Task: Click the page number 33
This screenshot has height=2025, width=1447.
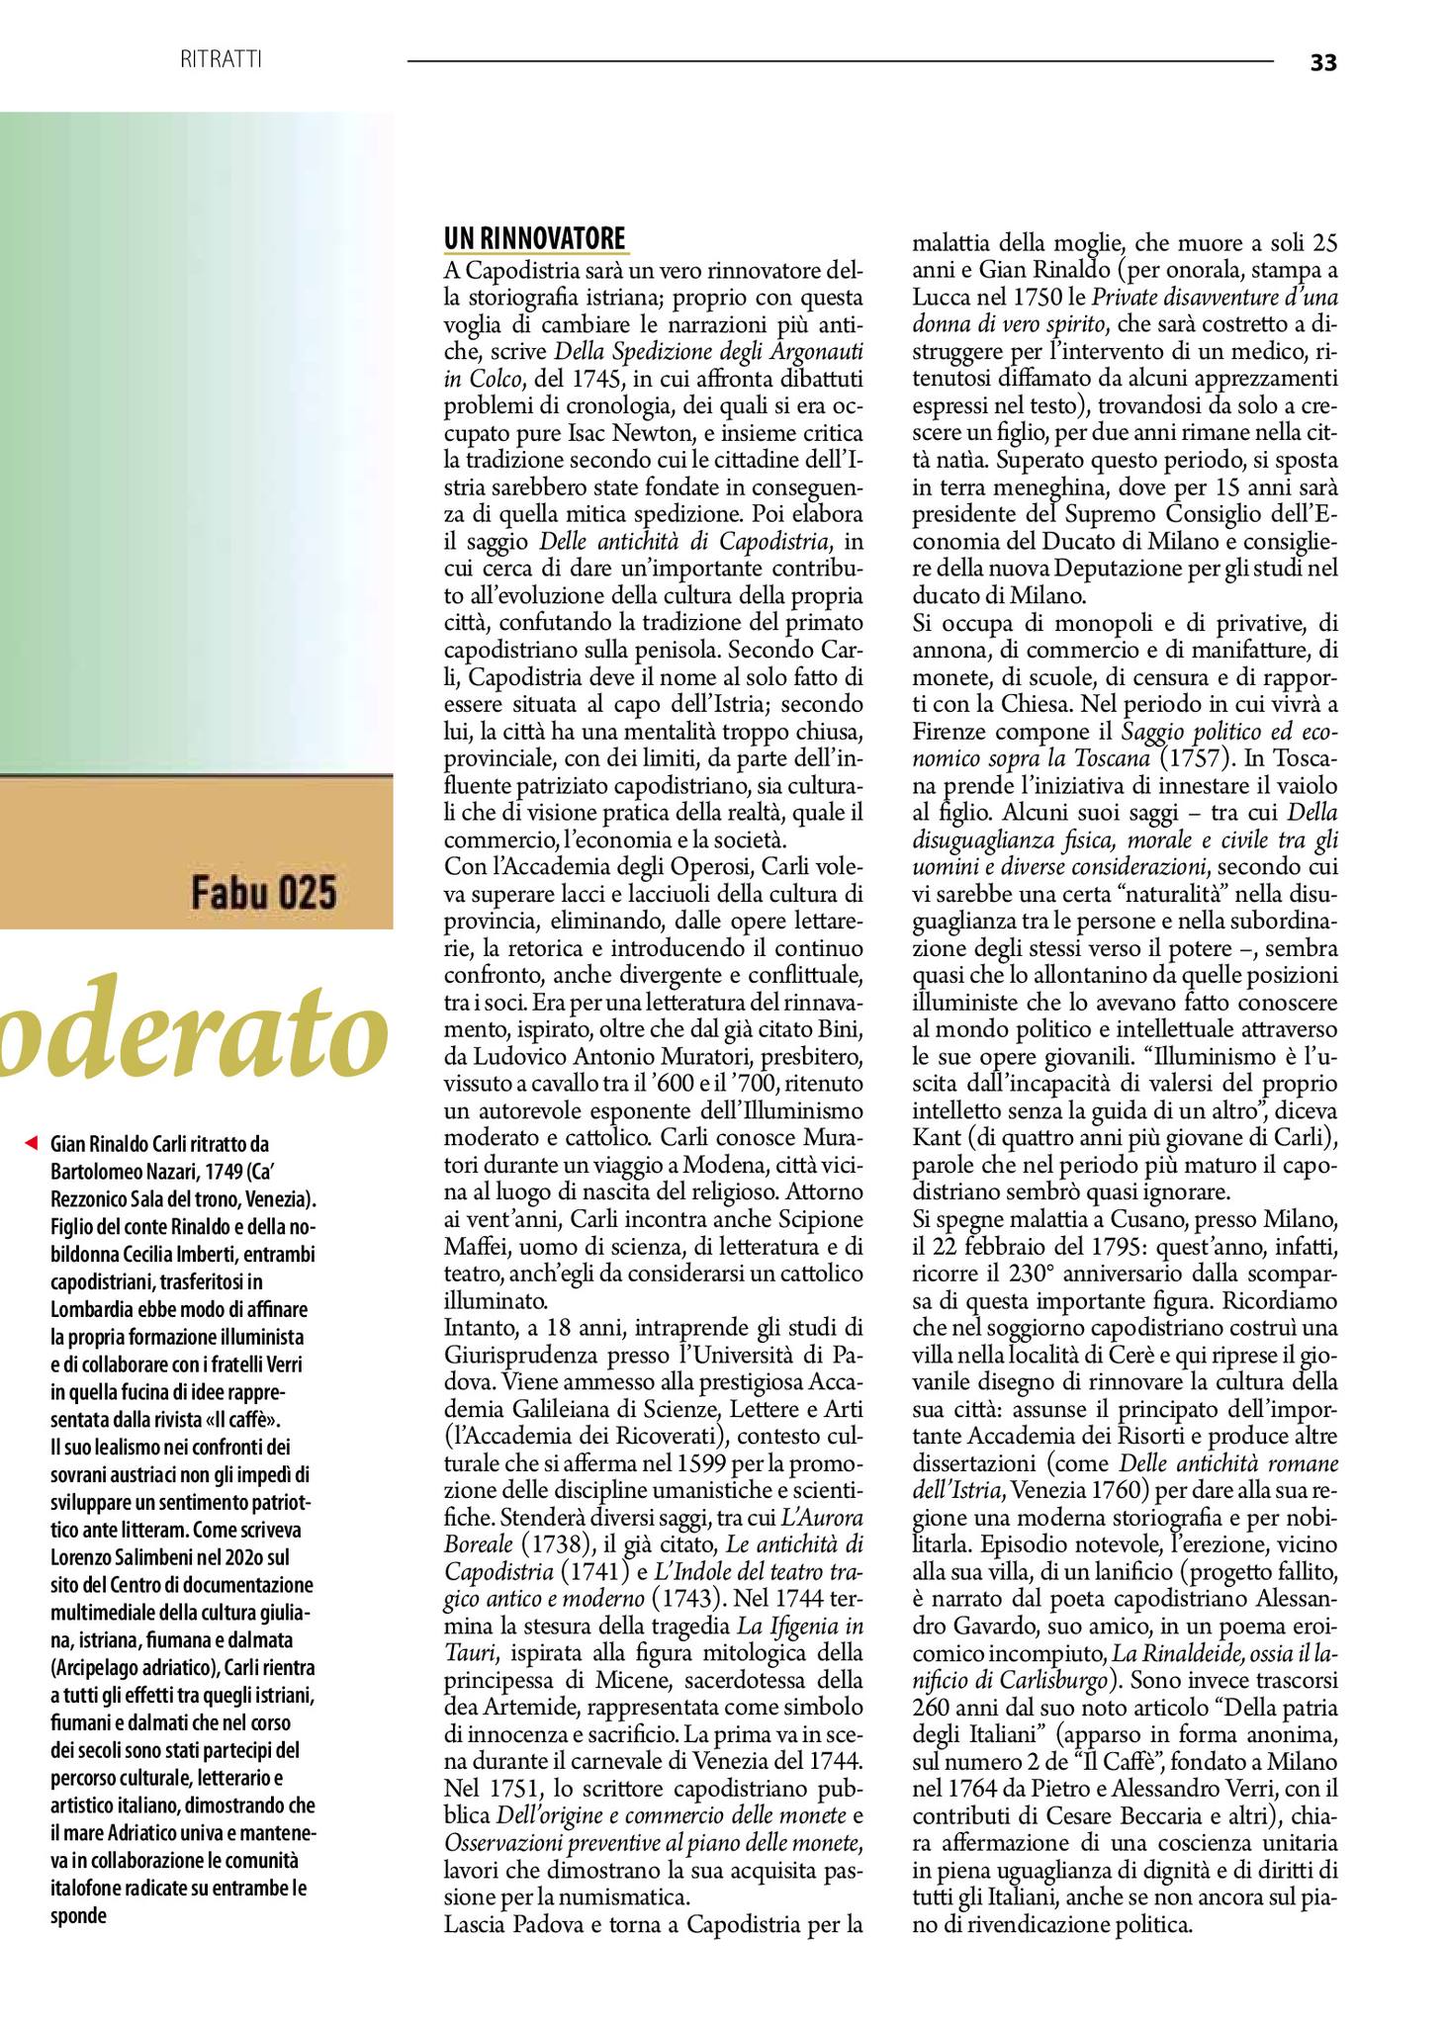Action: [1322, 62]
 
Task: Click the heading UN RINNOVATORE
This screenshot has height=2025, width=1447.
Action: [535, 239]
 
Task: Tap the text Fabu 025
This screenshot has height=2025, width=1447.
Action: [264, 893]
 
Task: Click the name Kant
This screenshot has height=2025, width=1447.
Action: [937, 1136]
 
